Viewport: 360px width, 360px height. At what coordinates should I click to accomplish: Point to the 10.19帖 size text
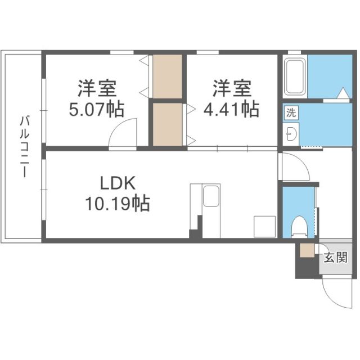117,203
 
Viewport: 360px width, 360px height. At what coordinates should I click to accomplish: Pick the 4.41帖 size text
235,109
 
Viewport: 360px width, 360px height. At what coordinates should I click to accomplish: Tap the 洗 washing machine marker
290,112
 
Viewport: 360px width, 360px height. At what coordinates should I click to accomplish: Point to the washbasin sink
291,134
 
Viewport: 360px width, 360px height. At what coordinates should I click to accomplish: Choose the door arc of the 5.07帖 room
123,133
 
